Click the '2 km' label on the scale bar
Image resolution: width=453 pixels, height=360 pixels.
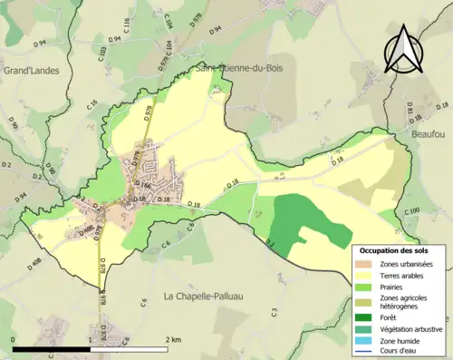pos(172,339)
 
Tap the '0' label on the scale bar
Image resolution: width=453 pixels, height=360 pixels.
pos(14,339)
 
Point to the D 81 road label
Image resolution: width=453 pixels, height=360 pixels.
pos(410,110)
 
